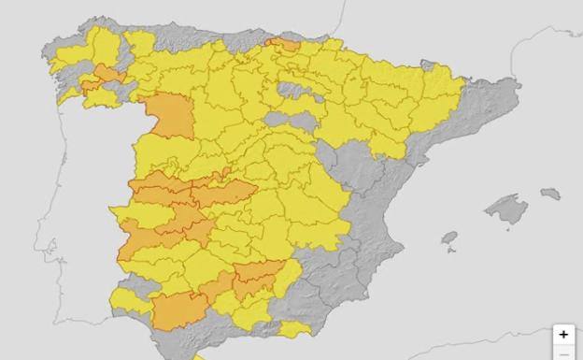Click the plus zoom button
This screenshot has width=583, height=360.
pos(563,335)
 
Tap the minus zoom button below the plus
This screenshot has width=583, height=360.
pos(563,354)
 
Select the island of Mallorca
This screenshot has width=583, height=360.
pos(507,209)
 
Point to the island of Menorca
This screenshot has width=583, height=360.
pos(551,194)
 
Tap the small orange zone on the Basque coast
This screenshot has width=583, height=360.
pos(284,44)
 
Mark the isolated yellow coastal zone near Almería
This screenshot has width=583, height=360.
pos(294,329)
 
